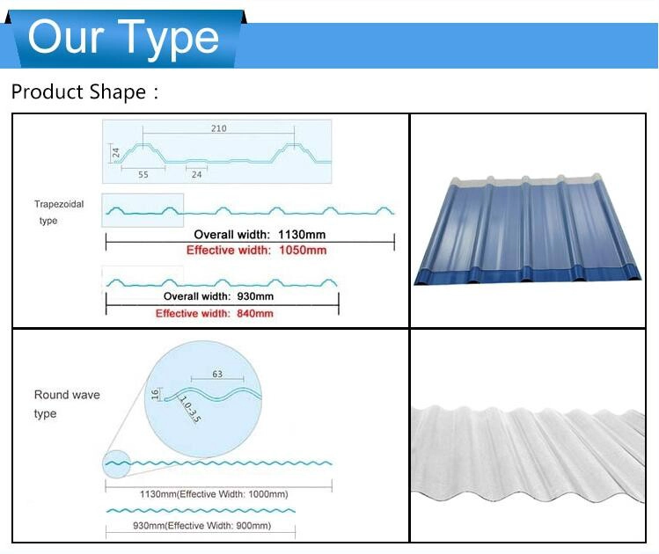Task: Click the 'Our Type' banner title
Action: pos(123,39)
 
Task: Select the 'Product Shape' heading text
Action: pos(79,92)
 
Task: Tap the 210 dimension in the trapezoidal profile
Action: pos(218,128)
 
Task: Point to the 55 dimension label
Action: pos(143,175)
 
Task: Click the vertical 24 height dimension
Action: pos(116,153)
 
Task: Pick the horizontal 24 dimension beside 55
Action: pos(197,175)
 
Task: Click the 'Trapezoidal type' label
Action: pos(59,212)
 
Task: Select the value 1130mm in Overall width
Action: pos(302,235)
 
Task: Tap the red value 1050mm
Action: pos(303,251)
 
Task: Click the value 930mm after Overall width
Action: pos(255,296)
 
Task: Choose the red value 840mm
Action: pos(254,313)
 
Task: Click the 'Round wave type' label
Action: pos(67,404)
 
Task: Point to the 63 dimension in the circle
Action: pos(217,374)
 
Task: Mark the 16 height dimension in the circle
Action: pos(155,394)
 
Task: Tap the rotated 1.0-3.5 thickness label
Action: pos(190,409)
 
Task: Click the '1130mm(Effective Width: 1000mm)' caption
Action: pos(214,494)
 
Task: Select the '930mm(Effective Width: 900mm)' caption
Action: pos(201,526)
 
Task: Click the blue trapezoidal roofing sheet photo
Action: pos(528,230)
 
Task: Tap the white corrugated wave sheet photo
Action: pos(528,454)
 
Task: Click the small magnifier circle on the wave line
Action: pos(116,463)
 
